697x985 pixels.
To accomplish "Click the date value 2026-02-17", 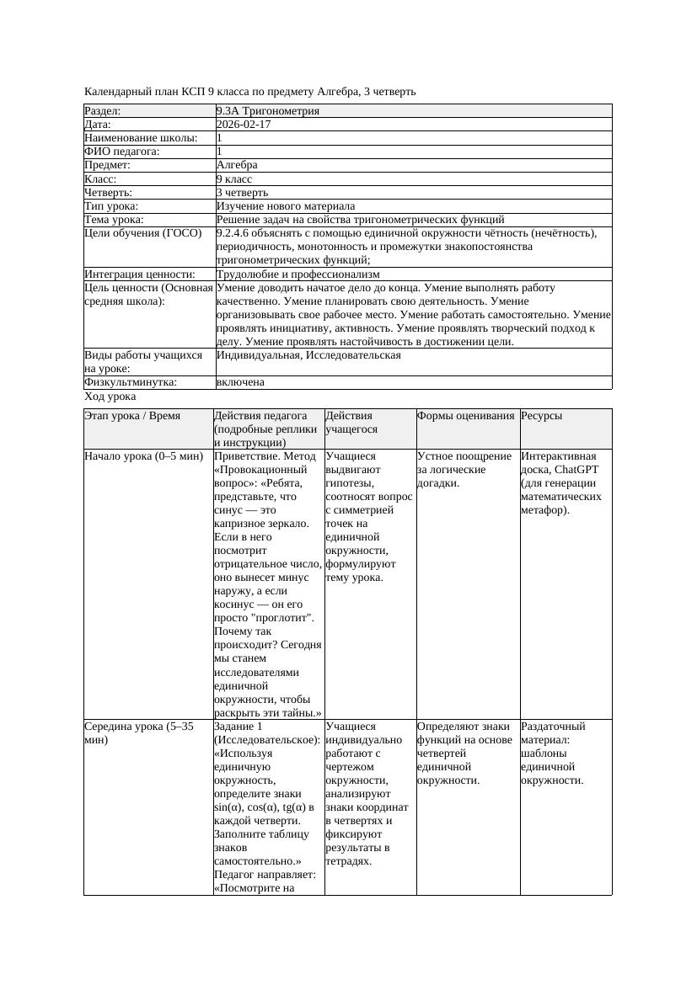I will coord(244,125).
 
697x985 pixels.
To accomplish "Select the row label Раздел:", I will coord(103,111).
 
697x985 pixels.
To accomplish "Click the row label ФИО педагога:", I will coord(122,152).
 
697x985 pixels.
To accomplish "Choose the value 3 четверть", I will coord(242,193).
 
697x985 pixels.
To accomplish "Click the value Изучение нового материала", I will coord(286,206).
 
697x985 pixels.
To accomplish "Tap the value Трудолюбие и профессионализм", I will coord(298,274).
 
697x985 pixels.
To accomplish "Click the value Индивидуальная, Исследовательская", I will coord(308,355).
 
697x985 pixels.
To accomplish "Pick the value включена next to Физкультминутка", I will coord(240,382).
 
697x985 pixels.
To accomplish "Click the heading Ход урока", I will coord(110,397).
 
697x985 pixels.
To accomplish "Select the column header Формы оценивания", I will coord(466,416).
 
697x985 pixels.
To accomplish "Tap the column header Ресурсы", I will coord(542,416).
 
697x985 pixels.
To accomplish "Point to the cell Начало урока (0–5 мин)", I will coord(144,456).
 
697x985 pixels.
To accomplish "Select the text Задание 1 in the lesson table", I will coord(239,727).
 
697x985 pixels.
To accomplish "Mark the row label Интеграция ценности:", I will coord(139,274).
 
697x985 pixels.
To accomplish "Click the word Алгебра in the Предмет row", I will coord(237,165).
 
